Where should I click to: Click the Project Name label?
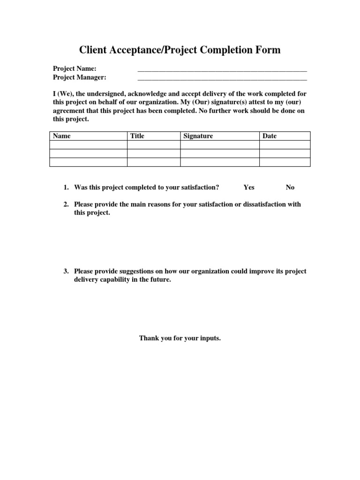click(75, 69)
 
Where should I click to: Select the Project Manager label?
click(79, 77)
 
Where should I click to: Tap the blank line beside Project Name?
click(222, 70)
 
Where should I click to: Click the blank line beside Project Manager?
click(222, 78)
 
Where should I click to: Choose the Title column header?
click(137, 136)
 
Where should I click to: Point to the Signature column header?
click(198, 136)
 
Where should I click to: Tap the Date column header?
click(270, 136)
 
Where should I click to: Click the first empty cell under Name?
click(88, 145)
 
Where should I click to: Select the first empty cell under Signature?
click(220, 145)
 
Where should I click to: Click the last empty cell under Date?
click(285, 162)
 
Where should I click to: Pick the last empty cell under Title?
click(154, 162)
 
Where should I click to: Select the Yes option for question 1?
click(249, 187)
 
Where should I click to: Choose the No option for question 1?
click(290, 187)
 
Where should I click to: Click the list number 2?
click(66, 204)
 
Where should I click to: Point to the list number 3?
click(66, 271)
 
